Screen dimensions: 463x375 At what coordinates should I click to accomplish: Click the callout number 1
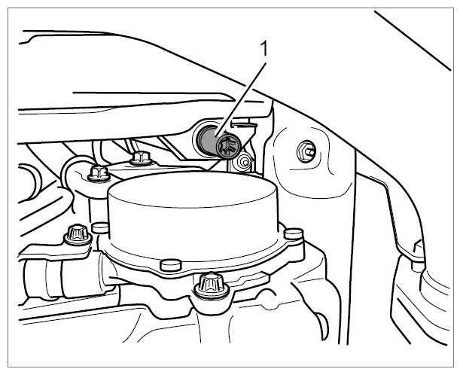point(264,49)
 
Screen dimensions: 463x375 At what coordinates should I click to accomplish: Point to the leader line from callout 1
point(241,99)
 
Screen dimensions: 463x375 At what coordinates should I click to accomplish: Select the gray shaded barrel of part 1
point(208,139)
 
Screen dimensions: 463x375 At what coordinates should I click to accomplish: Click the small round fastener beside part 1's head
point(245,162)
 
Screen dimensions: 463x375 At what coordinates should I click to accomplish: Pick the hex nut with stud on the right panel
point(306,151)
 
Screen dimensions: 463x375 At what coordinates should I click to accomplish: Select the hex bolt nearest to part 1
point(141,157)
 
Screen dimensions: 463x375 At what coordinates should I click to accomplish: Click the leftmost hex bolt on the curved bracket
point(99,174)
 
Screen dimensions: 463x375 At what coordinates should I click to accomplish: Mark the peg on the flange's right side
point(293,233)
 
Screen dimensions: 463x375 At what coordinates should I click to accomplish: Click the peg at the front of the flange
point(171,265)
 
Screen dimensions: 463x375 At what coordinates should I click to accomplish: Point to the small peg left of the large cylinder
point(100,227)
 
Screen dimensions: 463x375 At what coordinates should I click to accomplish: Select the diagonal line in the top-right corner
point(413,41)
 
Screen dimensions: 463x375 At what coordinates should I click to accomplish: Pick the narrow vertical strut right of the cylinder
point(352,245)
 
